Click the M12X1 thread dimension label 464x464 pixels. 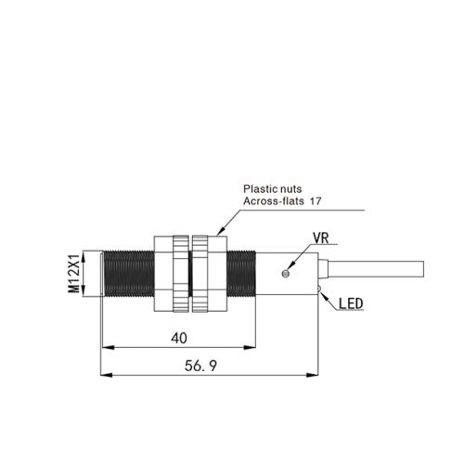[73, 274]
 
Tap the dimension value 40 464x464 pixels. [179, 338]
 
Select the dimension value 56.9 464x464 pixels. [200, 366]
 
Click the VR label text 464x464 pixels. [321, 238]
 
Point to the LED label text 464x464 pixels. [351, 303]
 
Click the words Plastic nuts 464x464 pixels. [272, 188]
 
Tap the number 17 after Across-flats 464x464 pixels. [316, 201]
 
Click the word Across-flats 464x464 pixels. [274, 201]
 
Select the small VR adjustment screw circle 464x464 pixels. [286, 274]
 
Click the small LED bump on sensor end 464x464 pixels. [320, 289]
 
